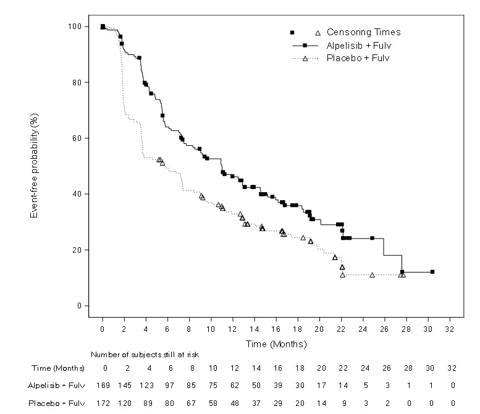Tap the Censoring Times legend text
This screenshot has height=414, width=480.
tap(364, 33)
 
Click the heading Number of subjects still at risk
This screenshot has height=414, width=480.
tap(145, 355)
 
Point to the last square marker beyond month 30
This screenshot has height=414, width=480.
tap(432, 272)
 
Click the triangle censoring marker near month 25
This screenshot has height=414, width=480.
tap(373, 274)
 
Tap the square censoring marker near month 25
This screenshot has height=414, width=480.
tap(372, 238)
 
